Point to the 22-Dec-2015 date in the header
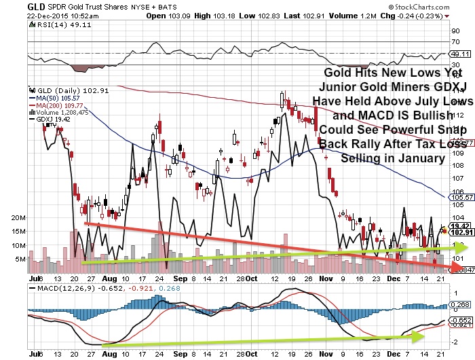pos(26,14)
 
